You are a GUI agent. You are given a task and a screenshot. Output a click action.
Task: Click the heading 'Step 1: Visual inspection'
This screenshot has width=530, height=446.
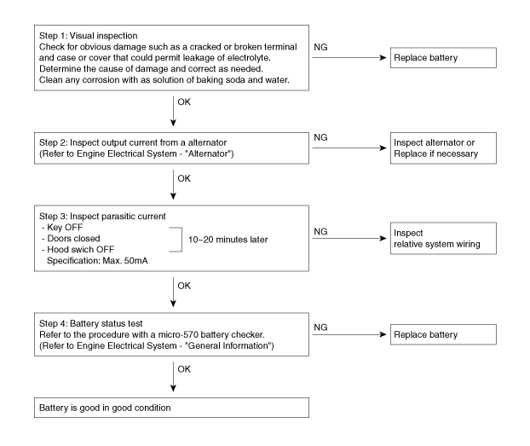89,36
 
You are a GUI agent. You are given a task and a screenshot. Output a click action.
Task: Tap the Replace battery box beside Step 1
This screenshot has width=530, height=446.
443,58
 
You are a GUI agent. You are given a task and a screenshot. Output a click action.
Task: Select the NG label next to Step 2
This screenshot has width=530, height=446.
320,137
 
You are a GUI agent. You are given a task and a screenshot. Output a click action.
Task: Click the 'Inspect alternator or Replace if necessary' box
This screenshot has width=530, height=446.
443,148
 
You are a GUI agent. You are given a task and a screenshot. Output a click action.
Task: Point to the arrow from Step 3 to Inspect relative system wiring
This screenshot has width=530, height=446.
349,239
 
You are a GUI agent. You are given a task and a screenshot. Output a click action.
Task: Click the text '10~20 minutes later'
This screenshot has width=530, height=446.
228,240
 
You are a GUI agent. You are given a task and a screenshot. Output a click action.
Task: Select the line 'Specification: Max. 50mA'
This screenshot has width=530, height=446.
97,261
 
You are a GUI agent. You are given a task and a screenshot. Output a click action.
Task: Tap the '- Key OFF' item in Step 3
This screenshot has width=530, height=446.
62,228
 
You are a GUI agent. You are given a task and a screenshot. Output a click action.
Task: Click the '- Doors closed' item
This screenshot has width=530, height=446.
71,239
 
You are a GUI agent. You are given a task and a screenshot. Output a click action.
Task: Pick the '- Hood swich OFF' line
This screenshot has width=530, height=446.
78,250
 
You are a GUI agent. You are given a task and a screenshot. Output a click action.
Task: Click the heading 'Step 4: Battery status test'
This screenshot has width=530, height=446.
91,323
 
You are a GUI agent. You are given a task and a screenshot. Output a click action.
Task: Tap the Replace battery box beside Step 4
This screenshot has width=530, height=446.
443,334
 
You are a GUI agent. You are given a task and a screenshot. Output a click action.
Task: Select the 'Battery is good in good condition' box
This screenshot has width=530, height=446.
171,408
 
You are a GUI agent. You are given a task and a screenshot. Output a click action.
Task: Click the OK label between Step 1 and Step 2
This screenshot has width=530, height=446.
184,101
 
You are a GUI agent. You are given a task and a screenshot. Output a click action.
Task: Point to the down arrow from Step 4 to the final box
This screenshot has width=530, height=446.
173,377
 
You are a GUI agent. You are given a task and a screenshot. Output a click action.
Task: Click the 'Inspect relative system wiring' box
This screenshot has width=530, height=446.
443,239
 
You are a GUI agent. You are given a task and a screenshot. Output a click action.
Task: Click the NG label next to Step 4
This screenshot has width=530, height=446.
320,327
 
